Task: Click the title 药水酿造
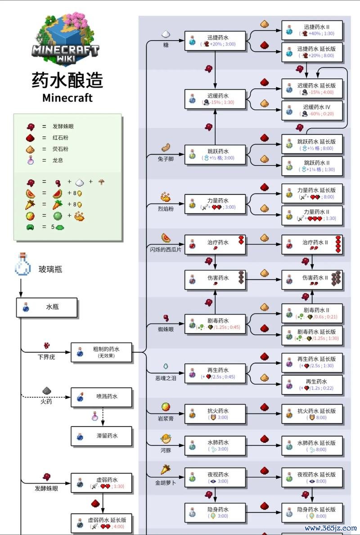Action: (x=67, y=81)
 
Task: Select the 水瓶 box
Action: (x=47, y=308)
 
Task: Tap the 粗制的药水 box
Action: (x=101, y=352)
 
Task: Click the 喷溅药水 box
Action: (x=101, y=397)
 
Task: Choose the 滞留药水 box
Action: (x=101, y=436)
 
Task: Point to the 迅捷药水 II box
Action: (x=312, y=30)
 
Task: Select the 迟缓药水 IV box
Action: (x=312, y=110)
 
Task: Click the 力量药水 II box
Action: (x=312, y=215)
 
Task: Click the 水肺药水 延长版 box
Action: (x=312, y=446)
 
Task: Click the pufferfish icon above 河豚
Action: (x=166, y=438)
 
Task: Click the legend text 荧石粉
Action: (x=61, y=149)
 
